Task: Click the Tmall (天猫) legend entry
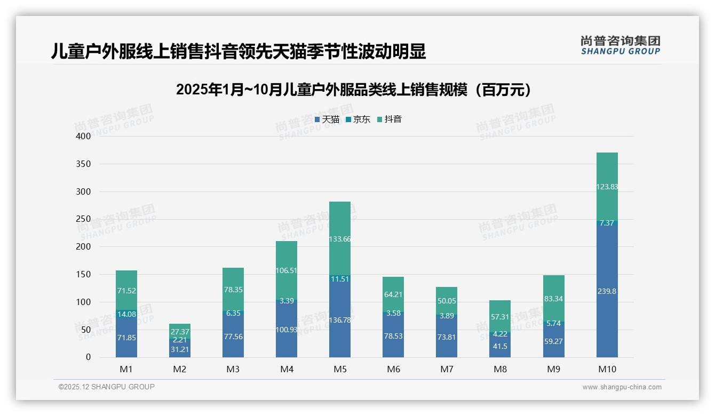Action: [x=327, y=119]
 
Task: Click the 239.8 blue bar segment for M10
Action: [x=607, y=291]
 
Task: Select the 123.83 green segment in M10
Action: [x=607, y=186]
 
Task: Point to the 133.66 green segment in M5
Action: [x=340, y=238]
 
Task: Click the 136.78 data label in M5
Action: [x=340, y=320]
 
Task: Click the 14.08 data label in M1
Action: [x=126, y=314]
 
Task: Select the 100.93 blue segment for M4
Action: [x=287, y=330]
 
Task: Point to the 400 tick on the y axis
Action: [x=83, y=136]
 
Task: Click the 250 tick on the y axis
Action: [x=83, y=219]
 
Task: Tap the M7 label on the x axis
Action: [x=447, y=369]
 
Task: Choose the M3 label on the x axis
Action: [x=233, y=369]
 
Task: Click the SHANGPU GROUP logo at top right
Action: [x=620, y=45]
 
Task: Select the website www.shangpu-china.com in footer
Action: [x=622, y=387]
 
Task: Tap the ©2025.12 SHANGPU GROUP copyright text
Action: [x=107, y=387]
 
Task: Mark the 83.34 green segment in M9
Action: [x=553, y=299]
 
